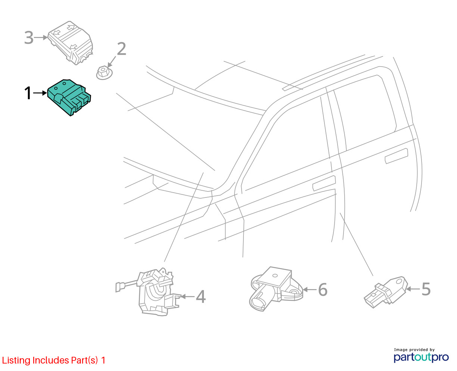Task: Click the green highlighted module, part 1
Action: [x=69, y=97]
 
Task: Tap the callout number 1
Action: [x=28, y=93]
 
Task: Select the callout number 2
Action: [x=121, y=49]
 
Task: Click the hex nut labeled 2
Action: [x=104, y=73]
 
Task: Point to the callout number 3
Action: [x=29, y=37]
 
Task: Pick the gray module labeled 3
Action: [x=70, y=43]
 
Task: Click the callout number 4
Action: [x=201, y=297]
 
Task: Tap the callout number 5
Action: [x=426, y=289]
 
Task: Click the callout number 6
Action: [x=323, y=289]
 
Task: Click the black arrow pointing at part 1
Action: [x=40, y=93]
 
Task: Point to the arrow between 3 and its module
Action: [x=41, y=37]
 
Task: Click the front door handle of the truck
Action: [x=324, y=183]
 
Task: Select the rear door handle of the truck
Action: [x=397, y=156]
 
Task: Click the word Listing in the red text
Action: [x=16, y=361]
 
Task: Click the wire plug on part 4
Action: [x=118, y=287]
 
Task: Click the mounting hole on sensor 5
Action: [x=399, y=282]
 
